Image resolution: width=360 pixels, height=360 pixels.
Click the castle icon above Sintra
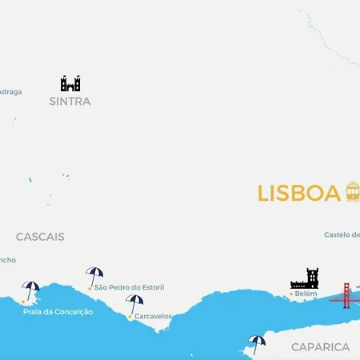(x=70, y=83)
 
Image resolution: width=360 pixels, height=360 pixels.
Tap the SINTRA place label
(x=70, y=102)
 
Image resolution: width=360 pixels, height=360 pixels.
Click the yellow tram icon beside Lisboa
(x=352, y=192)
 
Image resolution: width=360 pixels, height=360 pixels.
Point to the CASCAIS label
(x=40, y=237)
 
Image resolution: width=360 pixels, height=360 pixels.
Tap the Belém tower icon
(x=305, y=278)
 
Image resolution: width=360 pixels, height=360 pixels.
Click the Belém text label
(x=306, y=294)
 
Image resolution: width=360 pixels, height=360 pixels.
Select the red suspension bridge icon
(x=346, y=295)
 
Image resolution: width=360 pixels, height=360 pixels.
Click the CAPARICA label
(x=320, y=347)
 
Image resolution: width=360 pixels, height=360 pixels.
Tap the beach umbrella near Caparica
(x=256, y=343)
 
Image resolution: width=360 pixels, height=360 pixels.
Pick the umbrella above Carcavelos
(x=134, y=303)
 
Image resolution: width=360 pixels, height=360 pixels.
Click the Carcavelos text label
(x=153, y=316)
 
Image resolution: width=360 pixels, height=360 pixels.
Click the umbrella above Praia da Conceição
(x=31, y=289)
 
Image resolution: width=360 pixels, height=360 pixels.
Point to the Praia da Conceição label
(x=58, y=311)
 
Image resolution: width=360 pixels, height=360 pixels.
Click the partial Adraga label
(x=10, y=91)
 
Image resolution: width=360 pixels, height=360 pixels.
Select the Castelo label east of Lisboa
(x=342, y=234)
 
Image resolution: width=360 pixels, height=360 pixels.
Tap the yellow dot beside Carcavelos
(x=130, y=316)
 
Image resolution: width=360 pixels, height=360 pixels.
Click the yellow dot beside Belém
(x=291, y=294)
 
